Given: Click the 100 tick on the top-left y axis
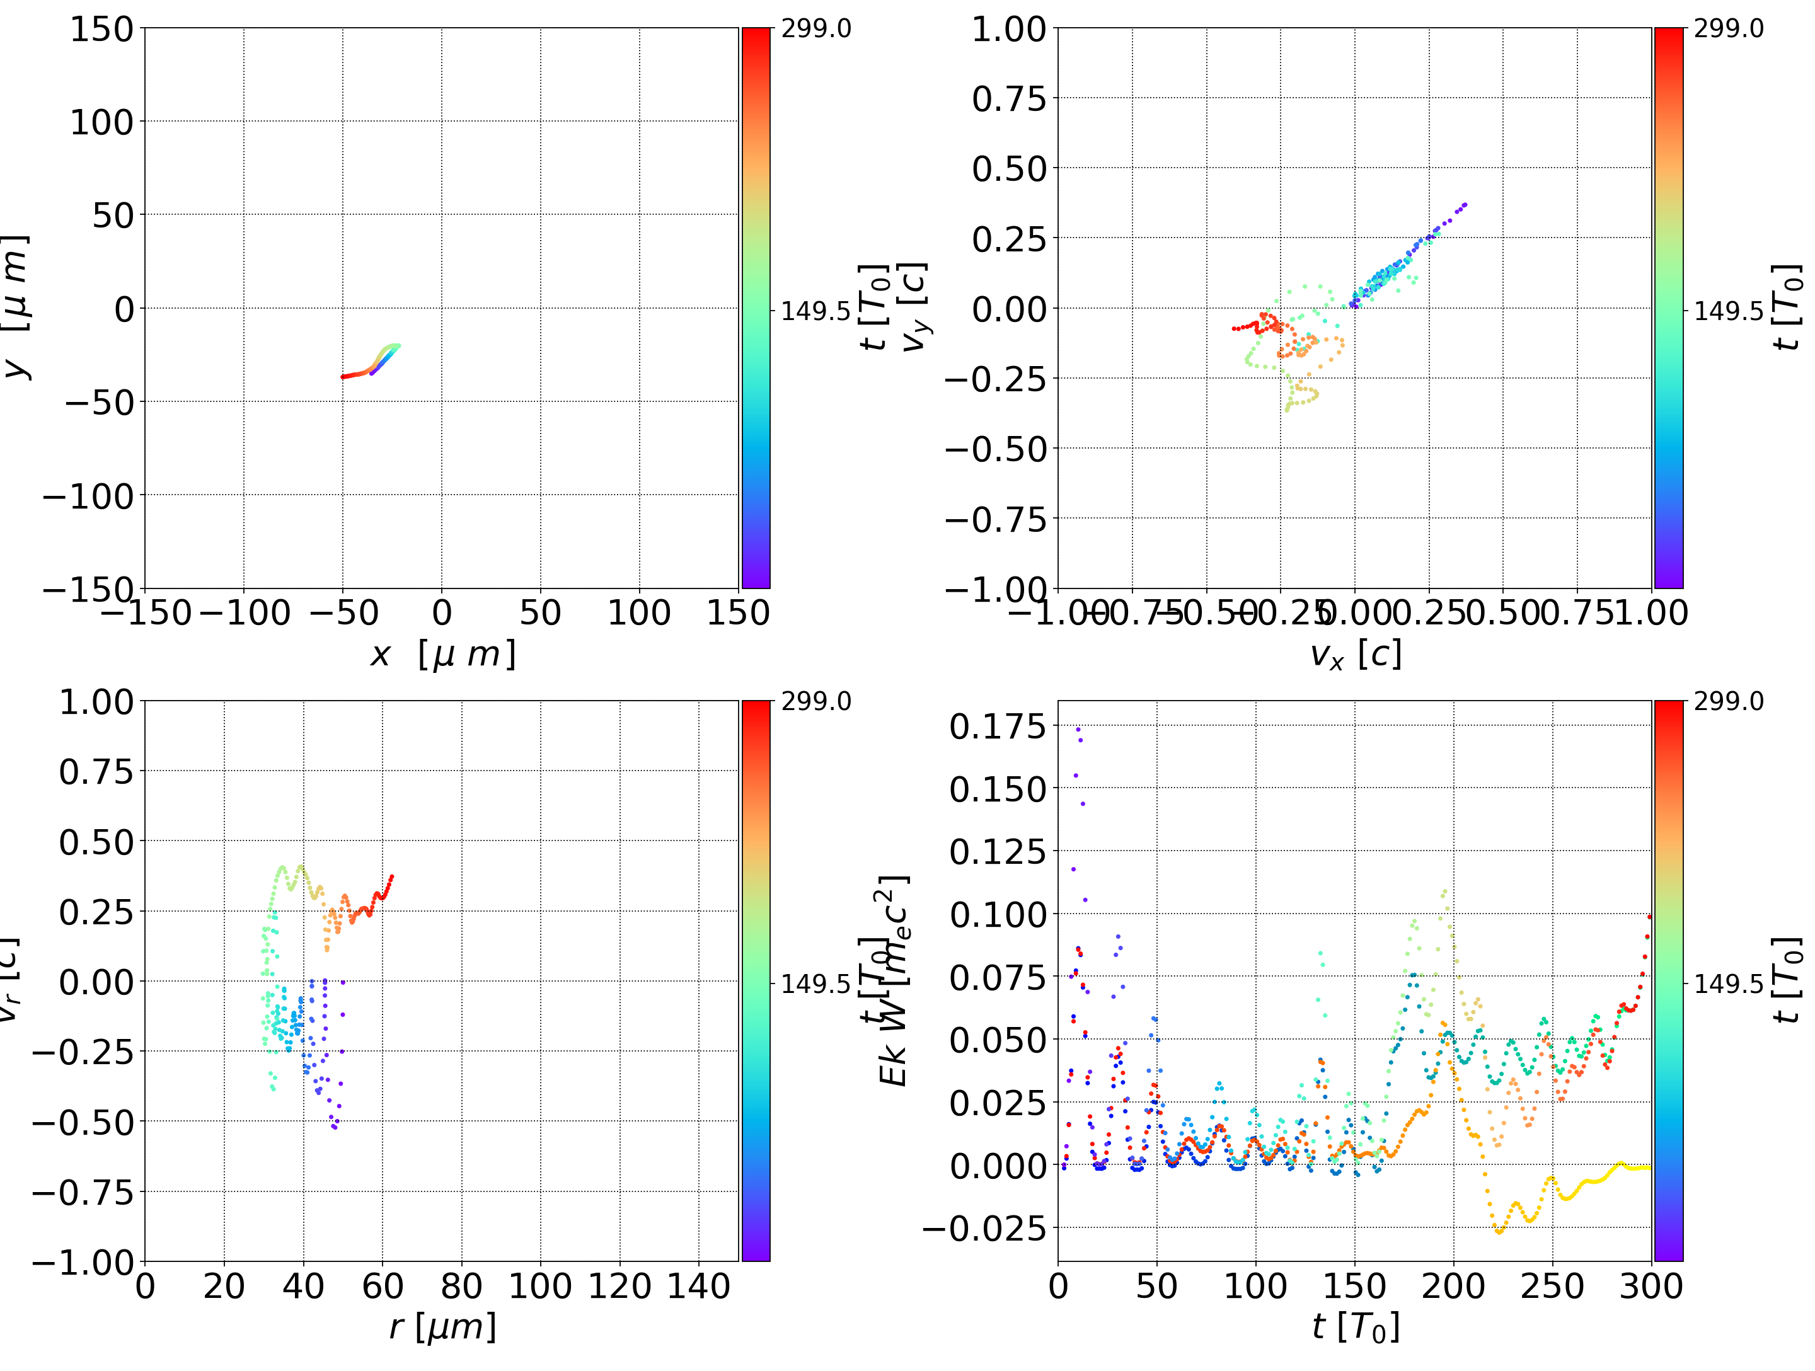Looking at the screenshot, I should [101, 122].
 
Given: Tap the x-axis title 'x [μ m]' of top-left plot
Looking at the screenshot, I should [442, 655].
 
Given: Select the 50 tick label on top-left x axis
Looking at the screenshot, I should [540, 613].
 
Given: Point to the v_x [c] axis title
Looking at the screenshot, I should [1355, 655].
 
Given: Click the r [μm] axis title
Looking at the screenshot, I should [442, 1327].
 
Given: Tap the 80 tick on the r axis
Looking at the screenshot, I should [461, 1287].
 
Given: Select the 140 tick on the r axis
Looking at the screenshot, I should [698, 1287].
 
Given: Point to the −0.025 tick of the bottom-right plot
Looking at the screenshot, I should [984, 1228].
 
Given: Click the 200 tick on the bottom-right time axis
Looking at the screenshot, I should [1453, 1287].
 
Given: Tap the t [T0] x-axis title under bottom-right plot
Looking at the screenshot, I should [1355, 1327].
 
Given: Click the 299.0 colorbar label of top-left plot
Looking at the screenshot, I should [815, 29].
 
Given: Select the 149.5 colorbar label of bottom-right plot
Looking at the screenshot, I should [1728, 983].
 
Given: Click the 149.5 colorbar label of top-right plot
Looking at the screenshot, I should [1728, 311].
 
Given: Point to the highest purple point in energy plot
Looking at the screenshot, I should [1078, 728].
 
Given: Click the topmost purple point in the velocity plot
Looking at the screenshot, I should [1465, 204].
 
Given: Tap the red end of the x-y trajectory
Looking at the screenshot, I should [343, 377].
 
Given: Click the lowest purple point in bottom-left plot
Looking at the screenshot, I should [335, 1127].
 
